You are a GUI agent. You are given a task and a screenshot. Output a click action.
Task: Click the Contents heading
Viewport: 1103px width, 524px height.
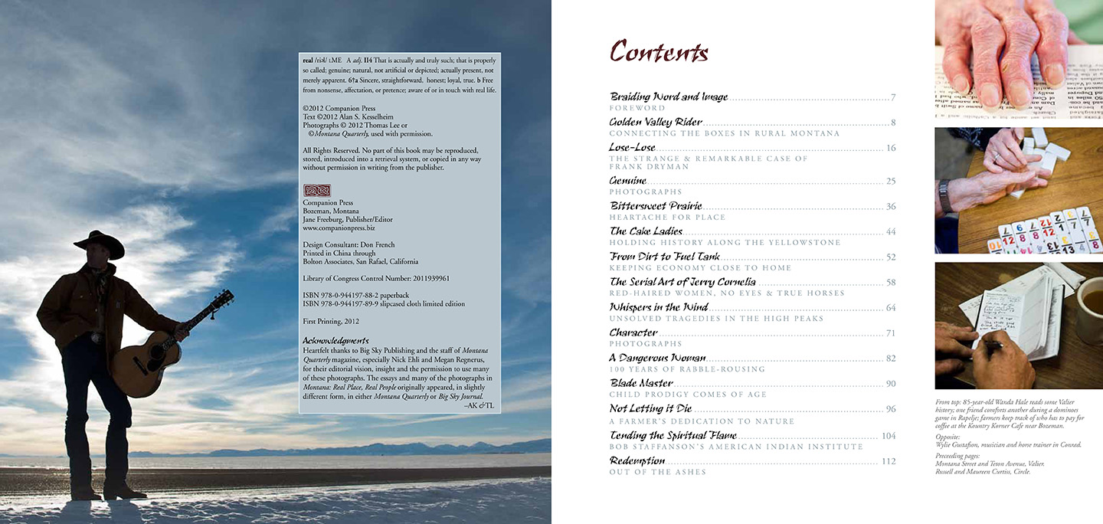659,52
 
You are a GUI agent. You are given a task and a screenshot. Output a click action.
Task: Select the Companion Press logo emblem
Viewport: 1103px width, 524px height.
316,190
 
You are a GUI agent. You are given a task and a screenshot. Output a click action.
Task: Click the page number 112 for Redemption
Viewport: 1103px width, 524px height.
889,461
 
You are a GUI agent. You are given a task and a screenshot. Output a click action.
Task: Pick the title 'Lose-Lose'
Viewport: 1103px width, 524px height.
632,147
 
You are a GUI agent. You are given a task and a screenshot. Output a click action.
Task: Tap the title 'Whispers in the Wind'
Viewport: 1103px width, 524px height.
658,307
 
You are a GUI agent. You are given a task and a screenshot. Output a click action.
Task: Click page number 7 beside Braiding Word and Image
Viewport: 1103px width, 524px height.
893,97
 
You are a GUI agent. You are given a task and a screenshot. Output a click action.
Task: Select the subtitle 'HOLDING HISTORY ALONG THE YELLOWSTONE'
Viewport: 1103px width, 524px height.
725,243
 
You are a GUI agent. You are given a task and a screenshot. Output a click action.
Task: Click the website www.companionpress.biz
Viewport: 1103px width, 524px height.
339,228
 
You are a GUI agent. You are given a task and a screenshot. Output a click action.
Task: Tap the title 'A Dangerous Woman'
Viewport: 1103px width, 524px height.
657,358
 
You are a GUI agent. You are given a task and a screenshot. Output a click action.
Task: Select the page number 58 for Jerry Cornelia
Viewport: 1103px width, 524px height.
891,283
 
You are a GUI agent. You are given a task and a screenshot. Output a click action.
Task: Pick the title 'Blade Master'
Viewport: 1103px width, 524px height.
641,383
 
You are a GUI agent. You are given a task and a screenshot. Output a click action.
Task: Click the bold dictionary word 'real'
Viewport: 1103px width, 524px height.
308,60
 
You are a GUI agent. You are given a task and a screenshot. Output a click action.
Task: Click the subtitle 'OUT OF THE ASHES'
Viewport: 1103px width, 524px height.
657,473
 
